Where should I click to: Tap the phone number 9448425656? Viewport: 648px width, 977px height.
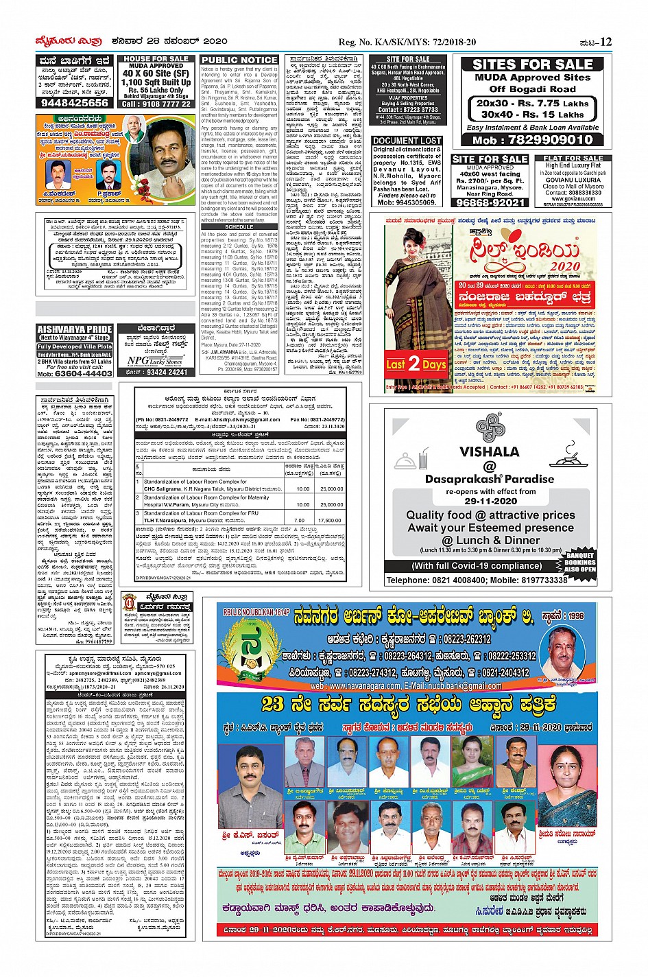click(x=75, y=102)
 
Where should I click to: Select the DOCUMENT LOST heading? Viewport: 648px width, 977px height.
click(x=407, y=141)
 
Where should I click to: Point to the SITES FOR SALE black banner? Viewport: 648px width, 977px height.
click(x=532, y=64)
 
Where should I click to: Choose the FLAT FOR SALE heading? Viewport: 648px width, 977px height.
click(x=573, y=158)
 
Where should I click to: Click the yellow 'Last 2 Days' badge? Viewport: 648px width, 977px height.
click(x=416, y=364)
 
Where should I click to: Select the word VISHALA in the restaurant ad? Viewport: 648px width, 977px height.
click(x=489, y=451)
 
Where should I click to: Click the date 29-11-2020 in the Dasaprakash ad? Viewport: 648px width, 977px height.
click(x=490, y=501)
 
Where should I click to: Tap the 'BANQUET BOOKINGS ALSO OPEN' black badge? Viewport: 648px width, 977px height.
click(x=580, y=561)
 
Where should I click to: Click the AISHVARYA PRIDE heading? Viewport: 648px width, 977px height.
click(x=75, y=329)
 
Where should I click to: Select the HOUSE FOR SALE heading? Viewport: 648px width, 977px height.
click(x=156, y=60)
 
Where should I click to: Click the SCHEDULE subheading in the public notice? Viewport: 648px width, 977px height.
click(x=239, y=227)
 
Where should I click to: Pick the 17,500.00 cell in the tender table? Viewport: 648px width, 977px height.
click(x=332, y=521)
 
